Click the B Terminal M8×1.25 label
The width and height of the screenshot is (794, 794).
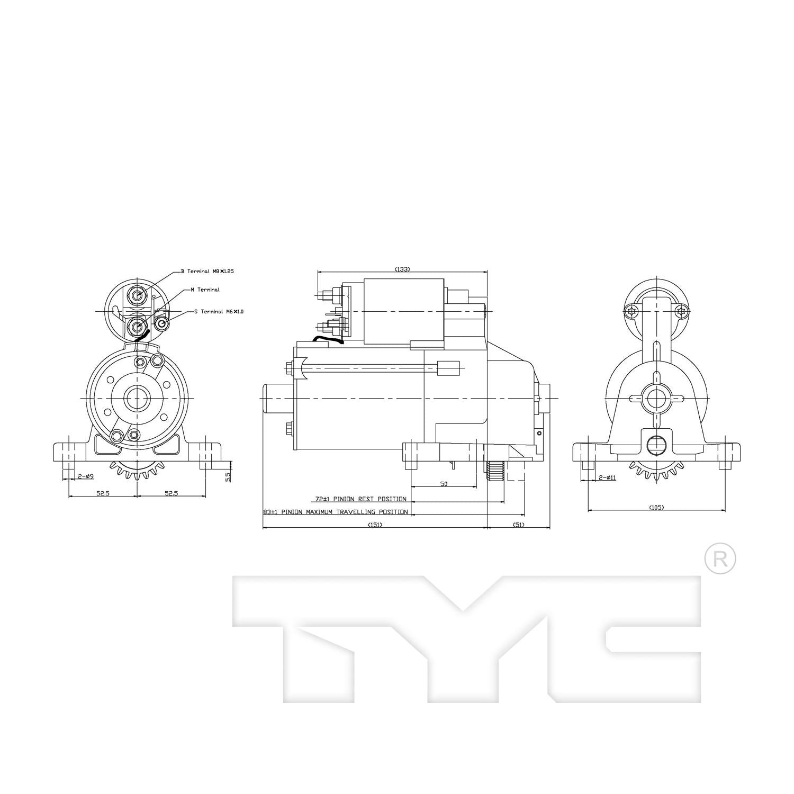click(x=207, y=271)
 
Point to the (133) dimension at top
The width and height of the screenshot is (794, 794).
click(x=402, y=269)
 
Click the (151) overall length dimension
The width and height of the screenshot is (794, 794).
click(x=374, y=525)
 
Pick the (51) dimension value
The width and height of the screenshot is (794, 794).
click(x=519, y=525)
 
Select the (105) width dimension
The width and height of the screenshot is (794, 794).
click(x=656, y=508)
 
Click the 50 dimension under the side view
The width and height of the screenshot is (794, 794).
click(x=444, y=484)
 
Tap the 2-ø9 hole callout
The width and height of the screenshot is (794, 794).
click(x=86, y=476)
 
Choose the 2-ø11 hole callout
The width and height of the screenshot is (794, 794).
click(x=607, y=477)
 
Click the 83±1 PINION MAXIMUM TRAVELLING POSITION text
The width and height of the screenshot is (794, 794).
click(x=336, y=512)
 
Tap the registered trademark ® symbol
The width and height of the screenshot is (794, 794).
click(x=720, y=559)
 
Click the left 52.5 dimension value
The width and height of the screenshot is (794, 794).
click(x=103, y=493)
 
